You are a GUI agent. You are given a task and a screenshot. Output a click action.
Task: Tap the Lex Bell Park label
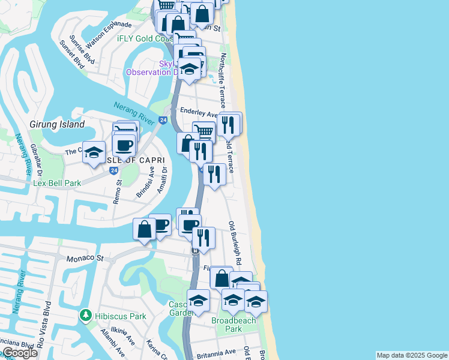coord(56,182)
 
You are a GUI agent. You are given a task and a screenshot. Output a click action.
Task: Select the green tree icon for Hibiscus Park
coord(86,315)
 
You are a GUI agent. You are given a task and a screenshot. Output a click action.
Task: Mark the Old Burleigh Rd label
coord(234,244)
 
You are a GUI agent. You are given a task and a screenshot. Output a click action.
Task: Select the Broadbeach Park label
coord(234,325)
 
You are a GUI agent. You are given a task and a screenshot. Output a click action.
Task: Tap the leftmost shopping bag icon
coord(144,229)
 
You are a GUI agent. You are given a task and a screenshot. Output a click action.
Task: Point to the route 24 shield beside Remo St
coord(113,170)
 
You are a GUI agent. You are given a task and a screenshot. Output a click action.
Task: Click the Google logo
coord(20,353)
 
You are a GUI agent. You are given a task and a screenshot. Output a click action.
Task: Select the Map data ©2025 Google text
coord(411,355)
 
